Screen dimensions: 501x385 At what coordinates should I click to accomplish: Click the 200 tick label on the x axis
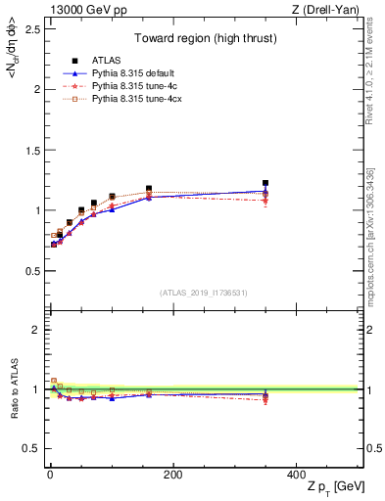[172, 475]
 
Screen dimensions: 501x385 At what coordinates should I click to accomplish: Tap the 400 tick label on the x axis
[296, 475]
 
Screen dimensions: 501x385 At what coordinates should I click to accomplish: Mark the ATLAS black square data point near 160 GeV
[148, 189]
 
